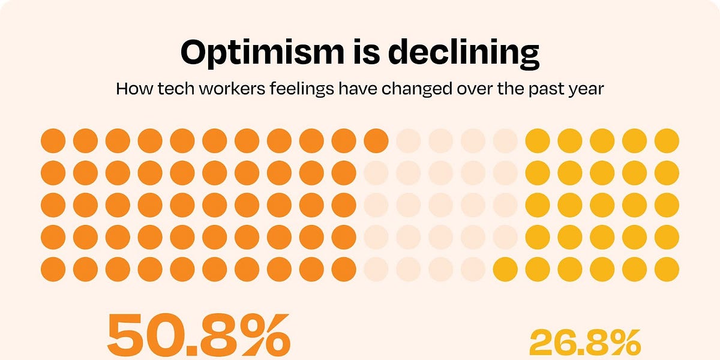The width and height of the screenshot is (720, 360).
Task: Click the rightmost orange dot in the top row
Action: [376, 141]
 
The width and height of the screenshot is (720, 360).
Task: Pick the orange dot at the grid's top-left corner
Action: [53, 141]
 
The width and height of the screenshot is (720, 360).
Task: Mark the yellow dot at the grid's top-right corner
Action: [667, 141]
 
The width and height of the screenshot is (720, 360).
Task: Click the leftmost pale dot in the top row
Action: [409, 141]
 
